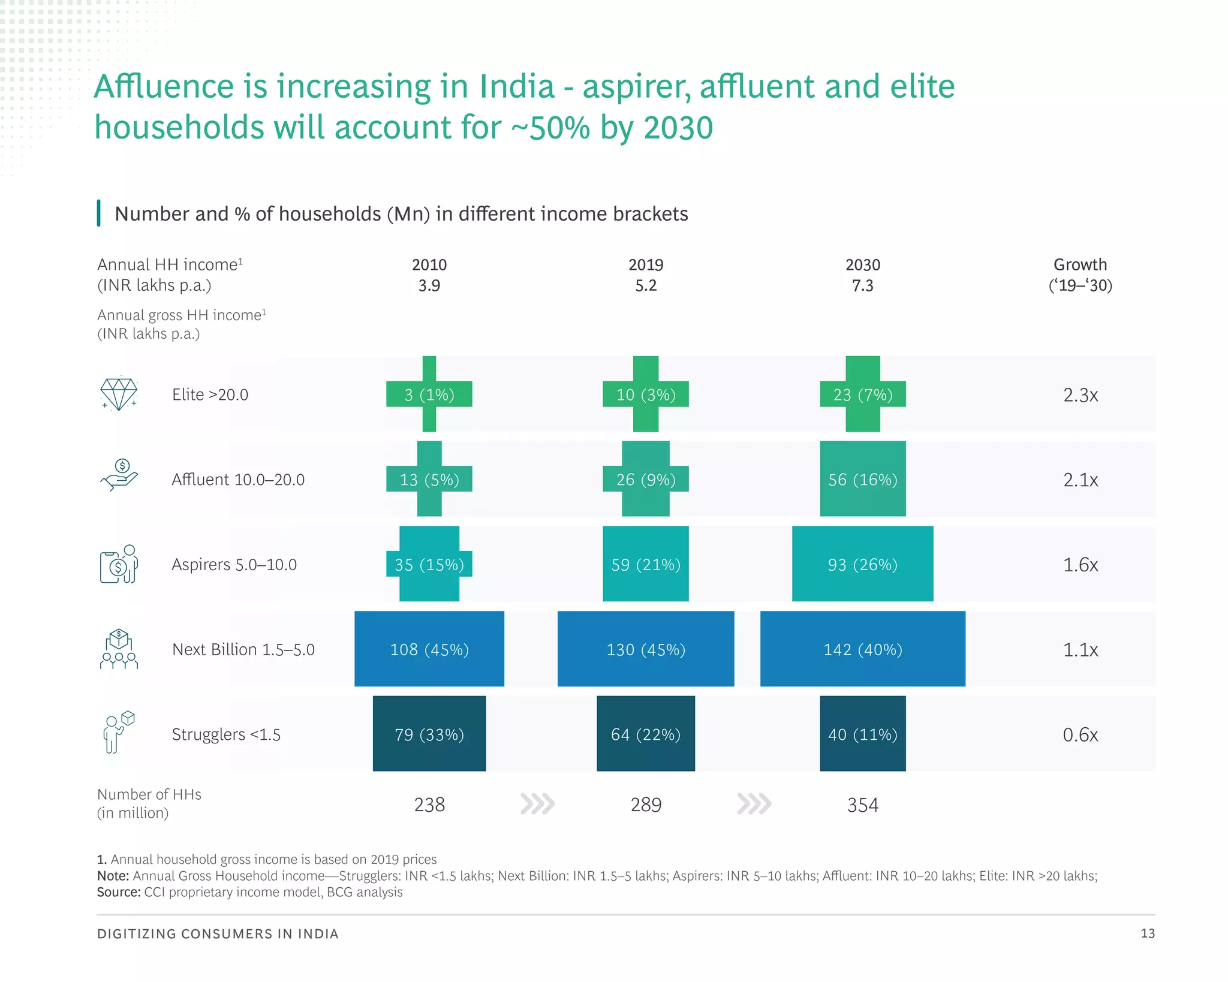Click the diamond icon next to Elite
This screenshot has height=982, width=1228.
[119, 394]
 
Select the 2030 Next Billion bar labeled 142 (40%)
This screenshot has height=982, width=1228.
[862, 649]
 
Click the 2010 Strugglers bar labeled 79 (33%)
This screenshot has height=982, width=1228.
[429, 734]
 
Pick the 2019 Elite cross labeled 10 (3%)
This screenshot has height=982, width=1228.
[646, 394]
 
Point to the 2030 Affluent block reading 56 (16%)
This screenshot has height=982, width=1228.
[862, 479]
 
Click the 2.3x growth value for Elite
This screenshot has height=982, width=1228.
[1080, 395]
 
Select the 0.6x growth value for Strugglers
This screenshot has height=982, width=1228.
[1080, 734]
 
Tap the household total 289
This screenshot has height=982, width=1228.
[646, 805]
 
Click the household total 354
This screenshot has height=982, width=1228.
[862, 805]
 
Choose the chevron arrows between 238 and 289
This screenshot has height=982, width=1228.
[537, 803]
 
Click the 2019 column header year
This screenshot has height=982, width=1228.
[646, 264]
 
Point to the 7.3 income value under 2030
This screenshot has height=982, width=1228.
[862, 285]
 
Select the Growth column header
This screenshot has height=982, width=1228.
[1080, 264]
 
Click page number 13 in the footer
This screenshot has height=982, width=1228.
[1147, 933]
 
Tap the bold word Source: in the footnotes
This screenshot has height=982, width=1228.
[119, 892]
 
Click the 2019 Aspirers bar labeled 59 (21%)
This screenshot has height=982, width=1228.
[646, 564]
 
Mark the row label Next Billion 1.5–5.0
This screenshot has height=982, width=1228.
[243, 649]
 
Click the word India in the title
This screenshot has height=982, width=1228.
[516, 86]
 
